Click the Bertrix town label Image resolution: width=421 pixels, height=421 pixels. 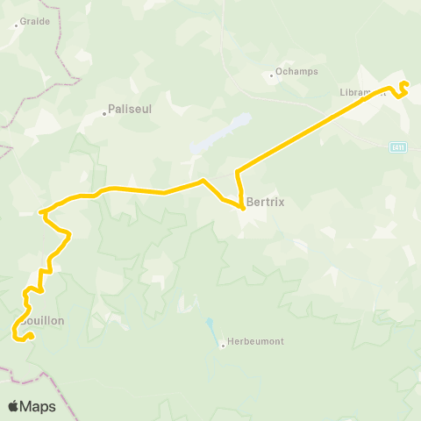coord(265,201)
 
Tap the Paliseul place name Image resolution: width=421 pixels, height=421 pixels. coord(131,111)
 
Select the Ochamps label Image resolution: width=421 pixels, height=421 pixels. coord(296,72)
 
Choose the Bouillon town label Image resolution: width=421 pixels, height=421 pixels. coord(41,321)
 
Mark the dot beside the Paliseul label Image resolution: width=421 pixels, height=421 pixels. coord(103,111)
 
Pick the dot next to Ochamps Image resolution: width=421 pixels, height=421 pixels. coord(272,75)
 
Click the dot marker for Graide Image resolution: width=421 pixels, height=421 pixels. coord(16,25)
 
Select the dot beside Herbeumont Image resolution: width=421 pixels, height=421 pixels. coord(223,345)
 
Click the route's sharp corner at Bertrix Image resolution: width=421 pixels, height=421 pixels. coord(242,208)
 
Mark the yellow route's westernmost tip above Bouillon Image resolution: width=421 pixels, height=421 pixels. coord(40,211)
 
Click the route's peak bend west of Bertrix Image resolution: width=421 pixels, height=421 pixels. coord(203,181)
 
